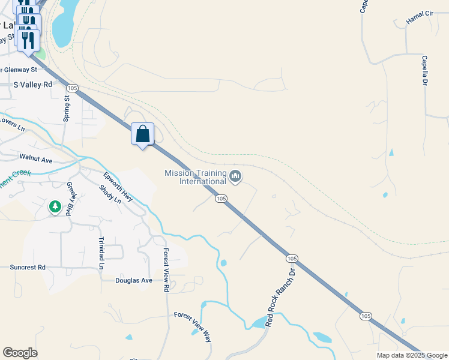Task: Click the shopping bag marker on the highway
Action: tap(143, 134)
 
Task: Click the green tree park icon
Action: tap(55, 207)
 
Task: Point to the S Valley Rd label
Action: tap(33, 85)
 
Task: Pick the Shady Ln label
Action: tap(110, 194)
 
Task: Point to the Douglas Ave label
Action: tap(134, 280)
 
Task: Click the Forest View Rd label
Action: tap(166, 270)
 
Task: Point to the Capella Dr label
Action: tap(424, 70)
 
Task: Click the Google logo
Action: tap(20, 353)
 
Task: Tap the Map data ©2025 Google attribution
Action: tap(411, 355)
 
